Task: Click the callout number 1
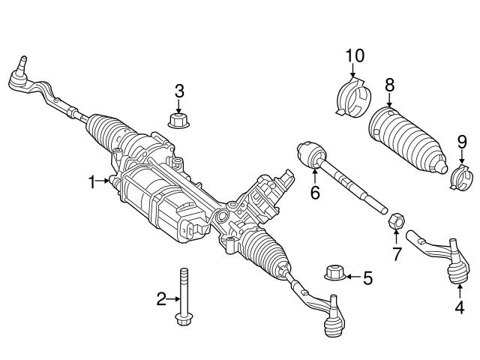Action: pos(92,181)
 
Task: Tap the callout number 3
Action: pos(178,91)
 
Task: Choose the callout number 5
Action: pos(367,278)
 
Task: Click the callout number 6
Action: pos(315,193)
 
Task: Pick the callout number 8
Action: pos(389,85)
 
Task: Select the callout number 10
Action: pos(353,55)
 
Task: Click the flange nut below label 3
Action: pos(178,120)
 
